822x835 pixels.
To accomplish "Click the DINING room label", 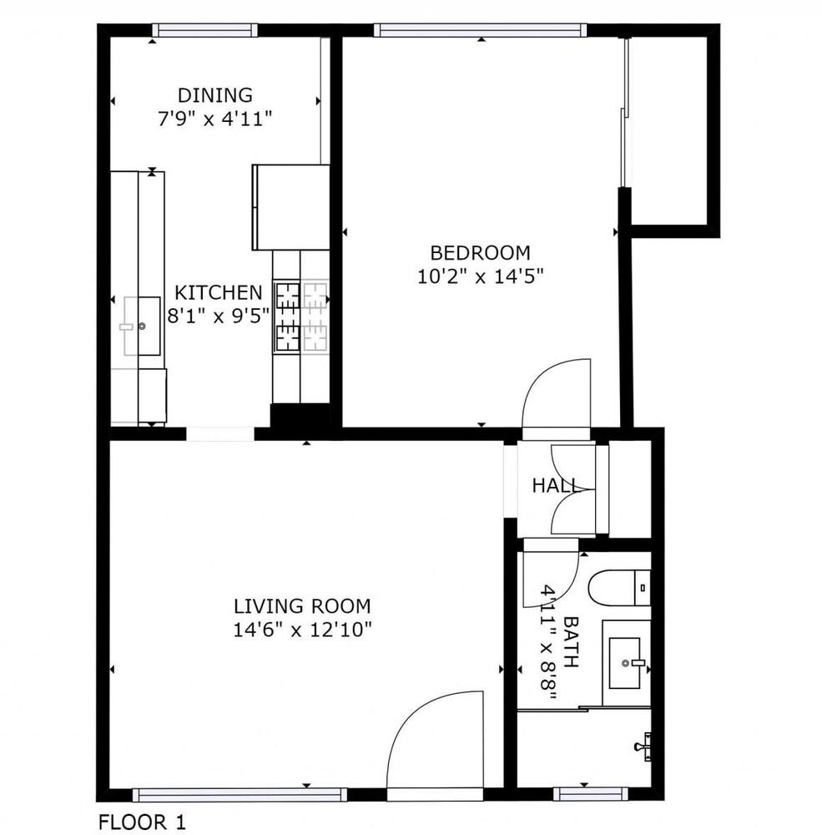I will point(215,95).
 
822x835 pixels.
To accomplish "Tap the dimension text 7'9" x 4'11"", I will point(215,119).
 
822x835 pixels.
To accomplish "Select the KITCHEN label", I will point(218,293).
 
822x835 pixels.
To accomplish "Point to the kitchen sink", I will point(142,326).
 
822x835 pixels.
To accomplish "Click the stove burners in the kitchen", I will point(301,316).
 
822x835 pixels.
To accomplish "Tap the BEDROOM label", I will point(480,252).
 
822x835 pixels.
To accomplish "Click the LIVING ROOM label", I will point(302,606).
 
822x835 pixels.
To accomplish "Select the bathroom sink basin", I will point(626,663).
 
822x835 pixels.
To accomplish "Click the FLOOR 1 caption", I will point(142,822).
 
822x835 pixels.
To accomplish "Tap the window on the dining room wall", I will point(204,31).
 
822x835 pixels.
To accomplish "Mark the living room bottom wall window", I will point(240,794).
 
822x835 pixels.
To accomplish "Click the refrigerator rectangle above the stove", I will point(290,207).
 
